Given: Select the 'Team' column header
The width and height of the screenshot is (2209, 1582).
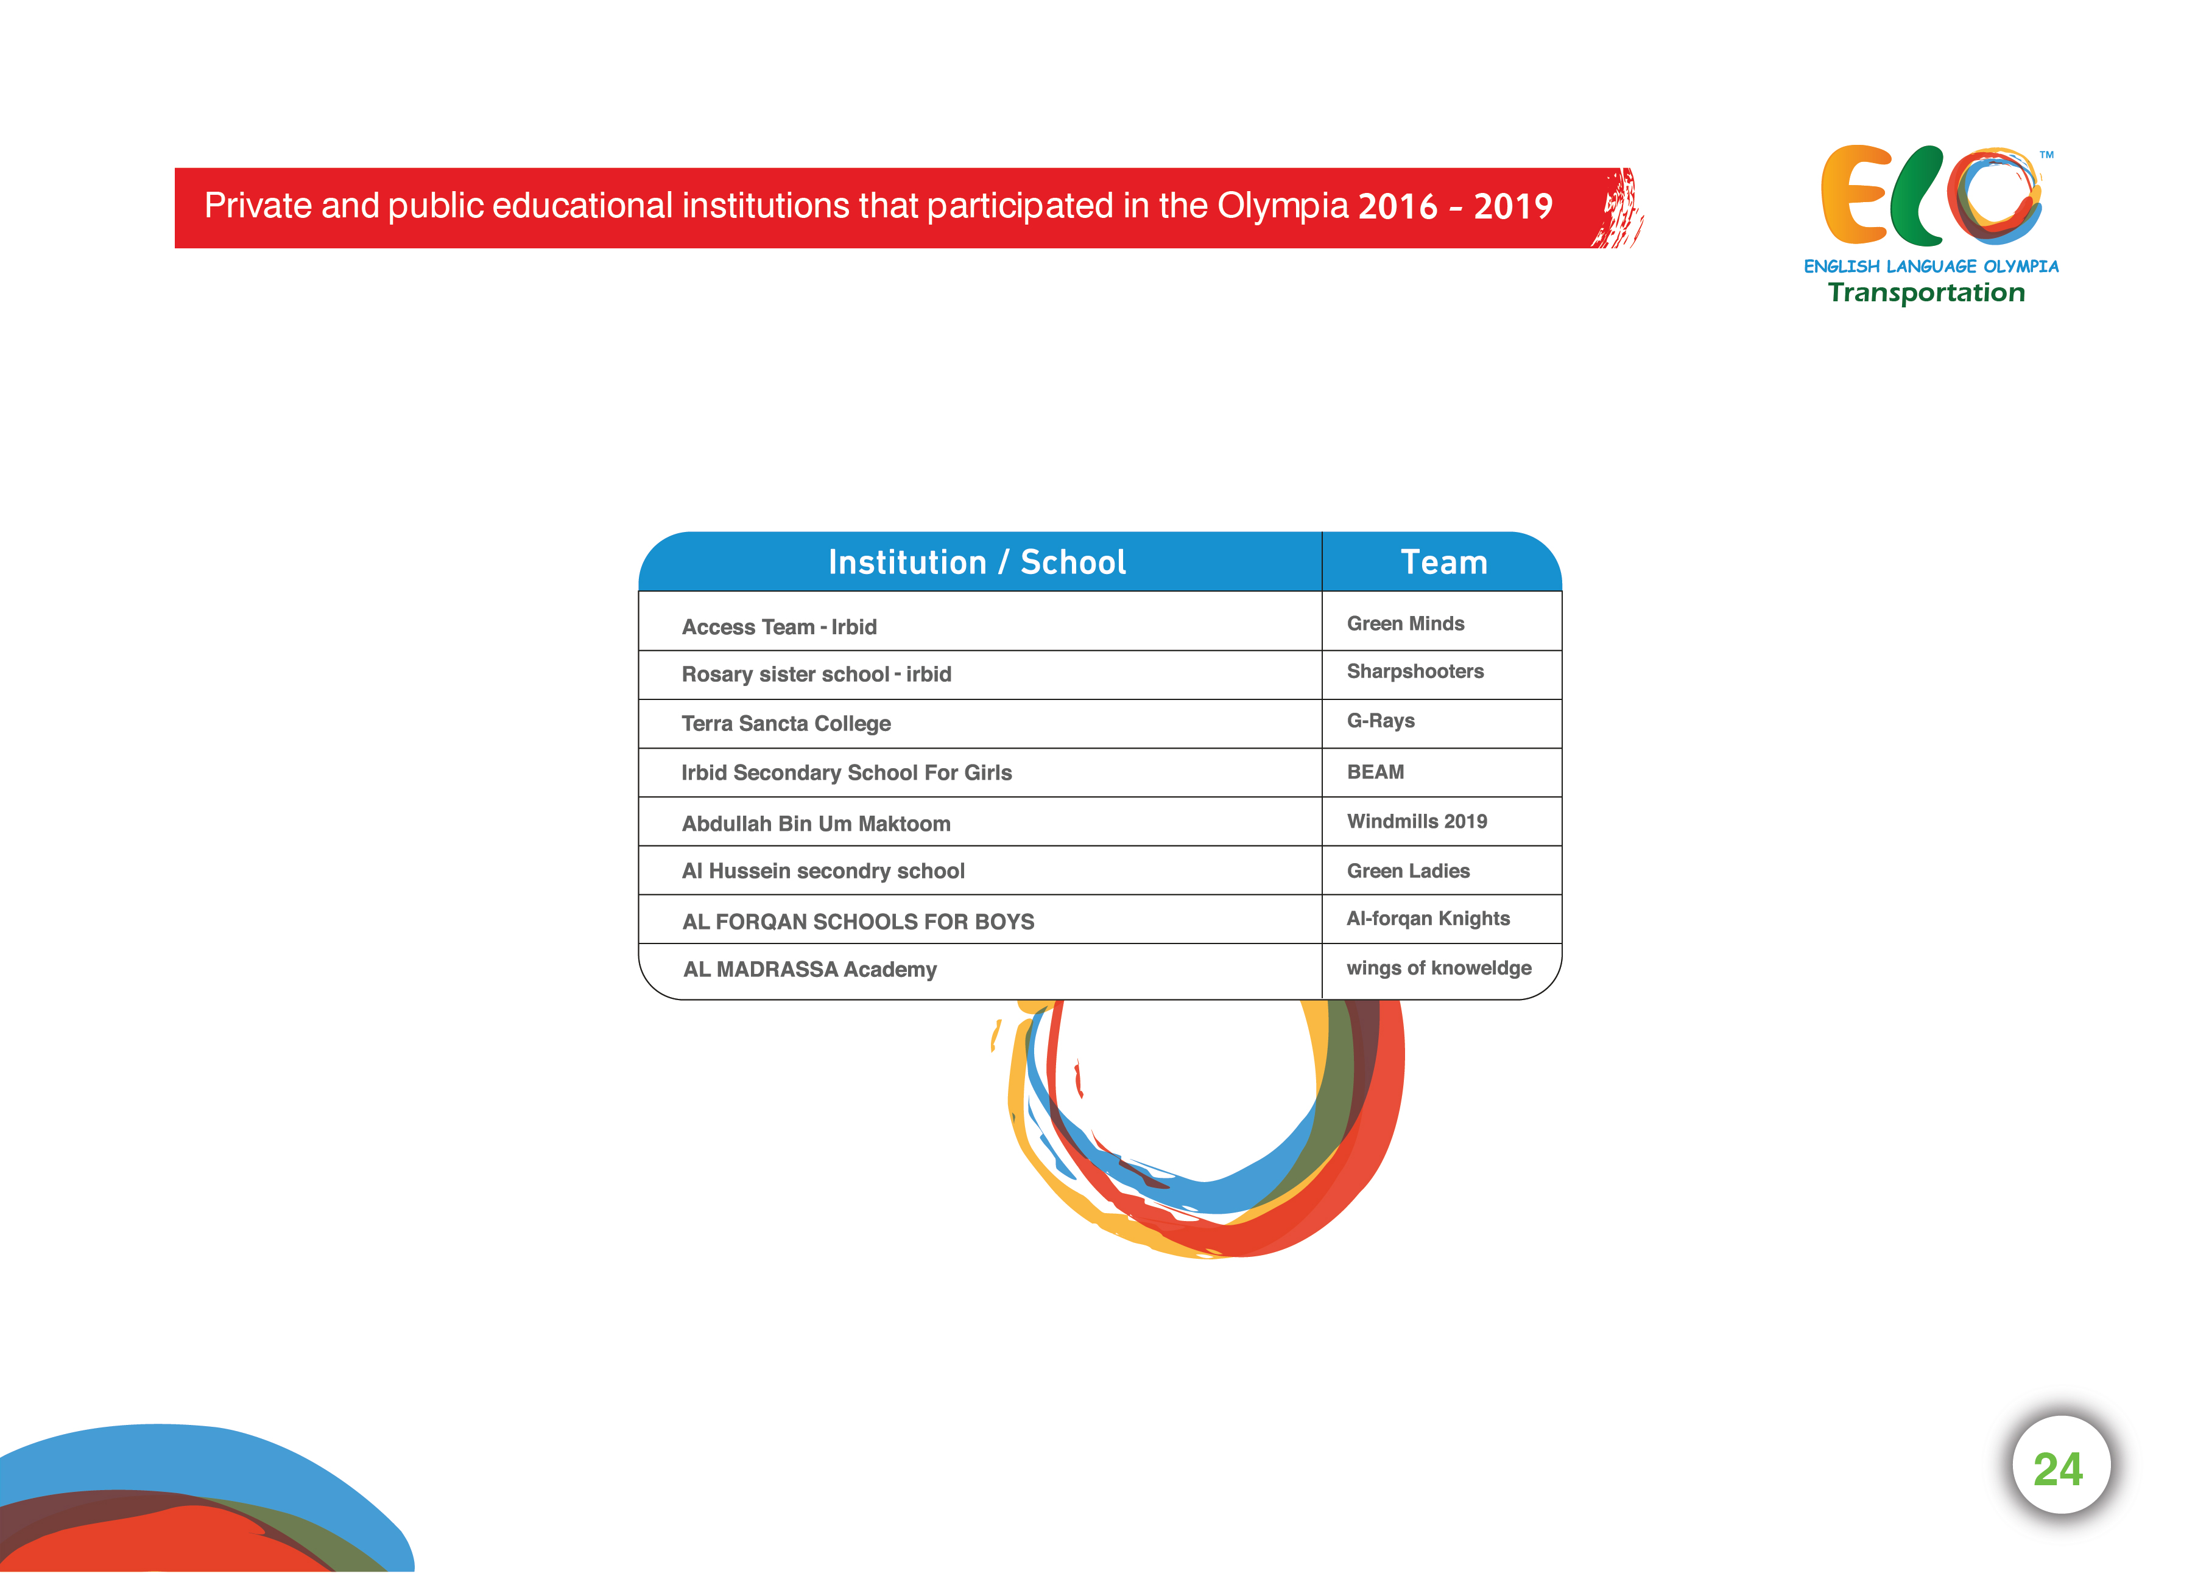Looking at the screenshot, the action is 1443,562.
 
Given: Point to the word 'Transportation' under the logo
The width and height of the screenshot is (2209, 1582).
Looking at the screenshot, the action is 1926,293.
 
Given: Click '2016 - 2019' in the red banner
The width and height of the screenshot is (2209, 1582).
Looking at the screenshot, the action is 1455,206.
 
